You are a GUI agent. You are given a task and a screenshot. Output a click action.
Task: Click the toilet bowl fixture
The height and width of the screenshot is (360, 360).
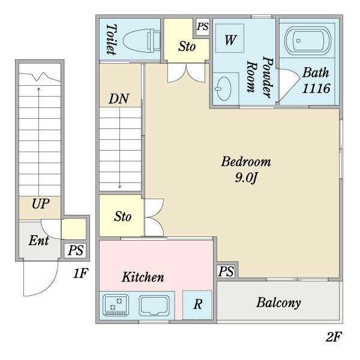coord(141,39)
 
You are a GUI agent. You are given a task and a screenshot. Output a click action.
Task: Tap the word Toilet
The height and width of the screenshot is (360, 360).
coord(111,40)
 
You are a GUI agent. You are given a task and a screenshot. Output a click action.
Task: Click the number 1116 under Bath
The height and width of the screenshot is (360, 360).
coord(316,88)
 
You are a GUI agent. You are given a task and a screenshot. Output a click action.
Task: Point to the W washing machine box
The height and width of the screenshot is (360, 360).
coord(229,40)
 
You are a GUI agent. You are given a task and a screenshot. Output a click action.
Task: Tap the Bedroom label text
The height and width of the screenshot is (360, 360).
coord(246,161)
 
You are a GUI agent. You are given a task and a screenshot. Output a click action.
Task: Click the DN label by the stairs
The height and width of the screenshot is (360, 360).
coord(119,99)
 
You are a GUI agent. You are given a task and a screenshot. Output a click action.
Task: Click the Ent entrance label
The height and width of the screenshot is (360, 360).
coord(38,241)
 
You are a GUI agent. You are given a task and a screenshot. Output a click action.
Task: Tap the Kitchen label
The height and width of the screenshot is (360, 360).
coord(143,277)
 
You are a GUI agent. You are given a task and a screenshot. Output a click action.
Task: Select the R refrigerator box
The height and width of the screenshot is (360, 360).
coord(197,305)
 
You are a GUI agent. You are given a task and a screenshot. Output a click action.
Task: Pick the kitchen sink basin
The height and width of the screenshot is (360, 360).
coord(156,305)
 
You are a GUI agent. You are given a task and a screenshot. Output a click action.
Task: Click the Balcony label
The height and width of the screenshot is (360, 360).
coord(279,302)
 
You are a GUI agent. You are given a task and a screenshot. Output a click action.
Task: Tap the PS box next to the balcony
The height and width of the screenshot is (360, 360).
coord(226,271)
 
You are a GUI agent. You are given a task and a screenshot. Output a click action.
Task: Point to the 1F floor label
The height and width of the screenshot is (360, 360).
coord(80,274)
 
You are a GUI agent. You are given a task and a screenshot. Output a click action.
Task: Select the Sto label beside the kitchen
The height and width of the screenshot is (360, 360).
coord(123,216)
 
